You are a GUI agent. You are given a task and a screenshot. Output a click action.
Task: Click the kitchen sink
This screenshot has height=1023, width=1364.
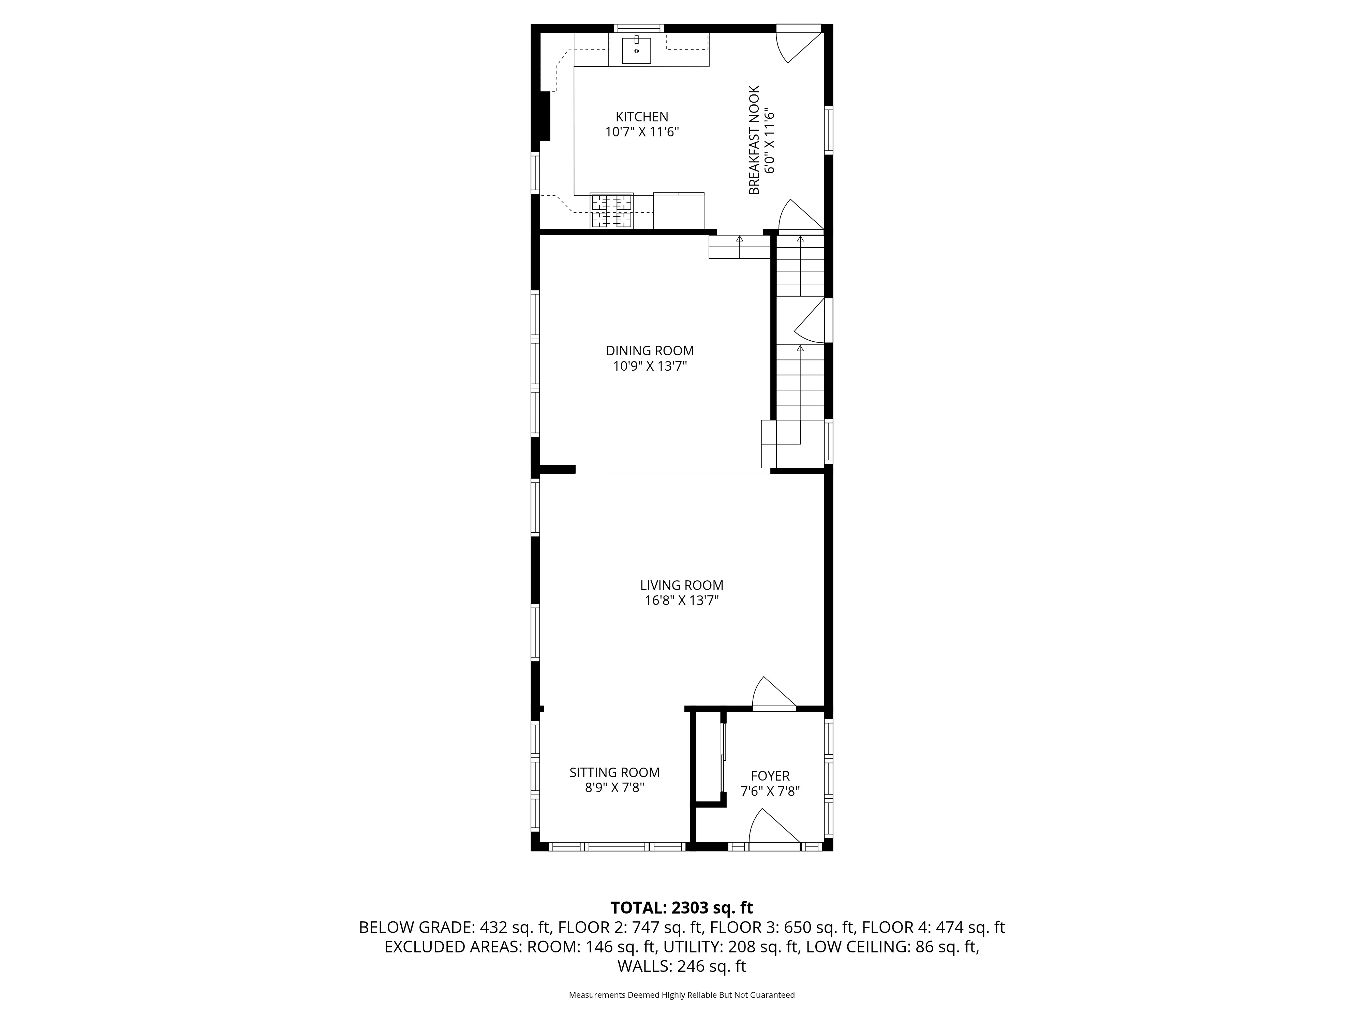click(636, 50)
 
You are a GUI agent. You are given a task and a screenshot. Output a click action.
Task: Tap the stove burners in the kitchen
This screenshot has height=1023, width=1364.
click(612, 211)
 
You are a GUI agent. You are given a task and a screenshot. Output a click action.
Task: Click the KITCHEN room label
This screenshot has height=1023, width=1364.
click(642, 117)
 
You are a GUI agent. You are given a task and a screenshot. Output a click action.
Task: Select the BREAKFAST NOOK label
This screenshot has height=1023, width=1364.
click(754, 140)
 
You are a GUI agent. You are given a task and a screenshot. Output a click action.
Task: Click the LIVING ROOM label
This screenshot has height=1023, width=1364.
click(681, 585)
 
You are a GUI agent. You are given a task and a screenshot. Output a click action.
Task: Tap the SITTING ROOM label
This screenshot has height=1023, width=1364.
click(614, 773)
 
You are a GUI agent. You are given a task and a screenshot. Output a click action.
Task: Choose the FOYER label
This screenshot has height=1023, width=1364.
click(770, 776)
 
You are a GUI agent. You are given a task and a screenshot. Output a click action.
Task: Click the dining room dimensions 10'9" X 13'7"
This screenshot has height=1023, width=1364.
click(650, 366)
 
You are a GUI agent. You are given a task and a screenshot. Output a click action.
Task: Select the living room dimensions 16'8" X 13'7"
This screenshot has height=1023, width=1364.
click(681, 601)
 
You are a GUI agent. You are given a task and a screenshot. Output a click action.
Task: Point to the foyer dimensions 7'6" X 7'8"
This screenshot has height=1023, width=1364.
click(770, 791)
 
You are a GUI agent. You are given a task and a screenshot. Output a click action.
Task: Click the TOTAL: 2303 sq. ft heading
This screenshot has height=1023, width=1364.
click(681, 908)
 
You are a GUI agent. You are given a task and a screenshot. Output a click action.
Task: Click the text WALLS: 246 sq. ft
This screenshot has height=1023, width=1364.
click(681, 966)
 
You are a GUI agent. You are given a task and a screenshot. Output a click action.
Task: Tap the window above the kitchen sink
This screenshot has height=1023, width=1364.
click(638, 28)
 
